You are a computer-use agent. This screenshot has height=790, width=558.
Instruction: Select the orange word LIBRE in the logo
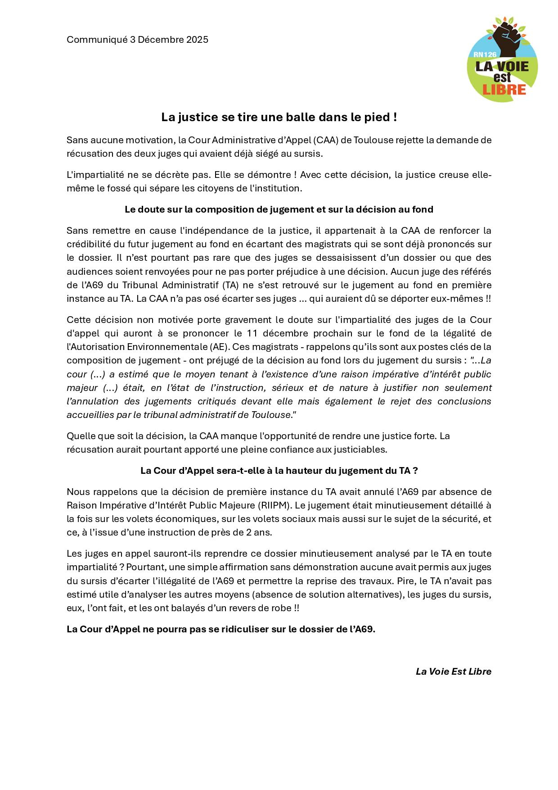pos(504,89)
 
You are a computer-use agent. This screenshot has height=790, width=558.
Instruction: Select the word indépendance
pos(211,231)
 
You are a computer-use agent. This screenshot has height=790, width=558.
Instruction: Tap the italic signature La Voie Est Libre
pos(453,672)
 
